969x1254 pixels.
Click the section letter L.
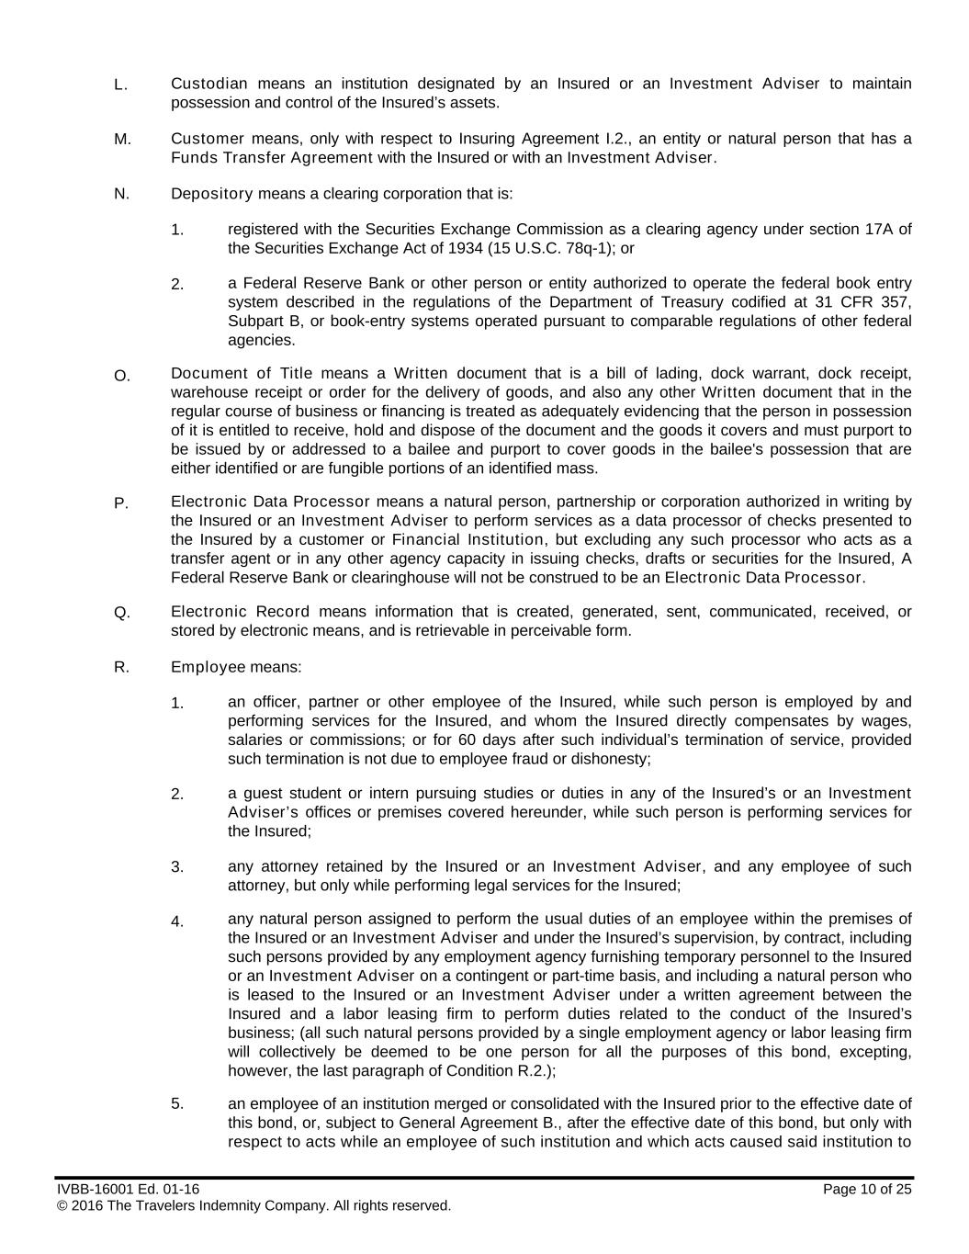click(x=119, y=85)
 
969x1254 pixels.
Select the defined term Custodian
click(x=208, y=85)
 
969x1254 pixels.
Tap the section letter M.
click(x=122, y=140)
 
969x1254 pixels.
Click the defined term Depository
click(x=211, y=194)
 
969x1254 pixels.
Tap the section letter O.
click(x=122, y=376)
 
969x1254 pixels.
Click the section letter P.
click(x=120, y=503)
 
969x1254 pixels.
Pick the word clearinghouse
click(x=377, y=578)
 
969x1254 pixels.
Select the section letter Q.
click(x=122, y=614)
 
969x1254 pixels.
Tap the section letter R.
click(x=121, y=668)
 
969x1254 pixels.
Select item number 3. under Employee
click(x=177, y=866)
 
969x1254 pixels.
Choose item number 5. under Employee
click(x=177, y=1103)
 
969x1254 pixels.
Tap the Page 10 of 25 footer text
click(x=867, y=1190)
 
